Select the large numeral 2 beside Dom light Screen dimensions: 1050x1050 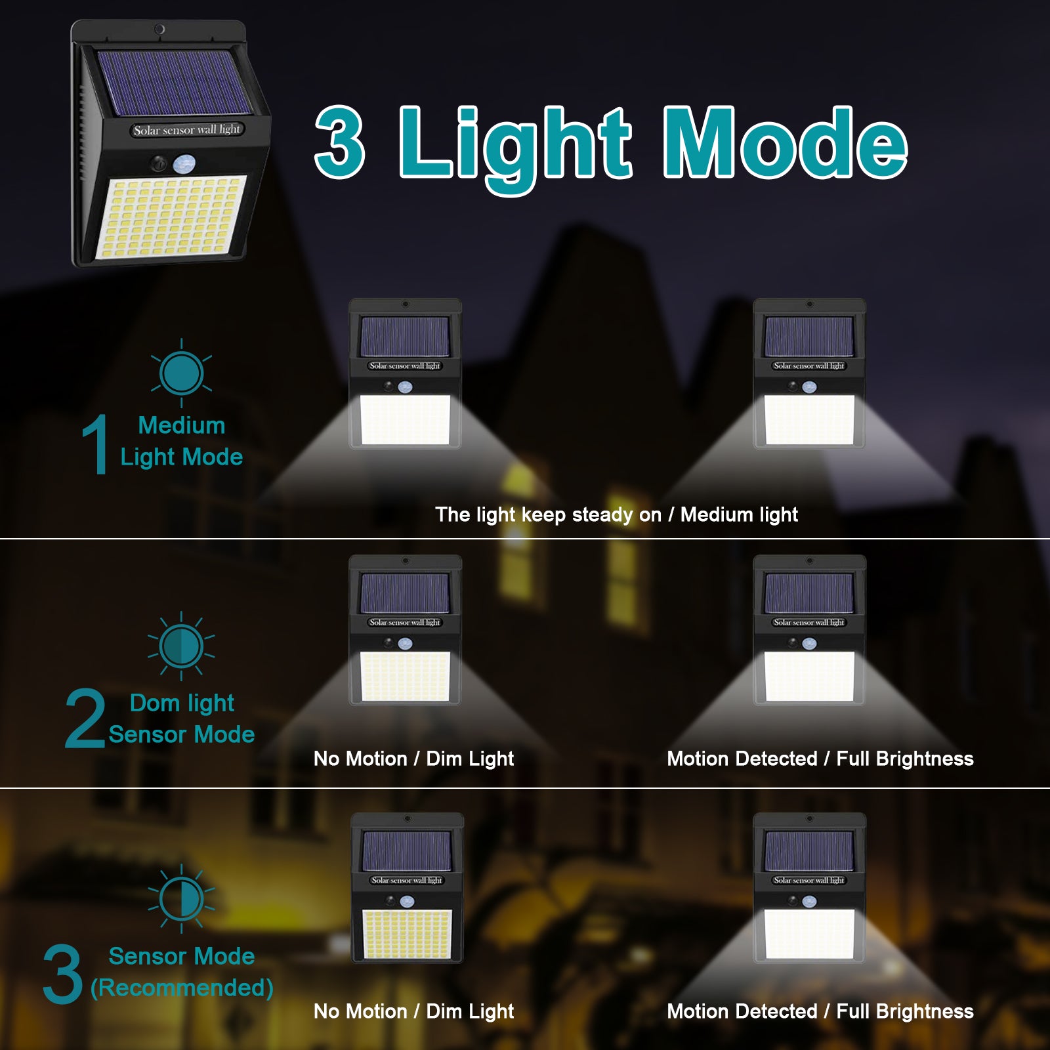pos(85,718)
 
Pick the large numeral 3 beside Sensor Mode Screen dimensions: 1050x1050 pos(63,974)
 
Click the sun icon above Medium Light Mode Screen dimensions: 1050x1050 pos(181,373)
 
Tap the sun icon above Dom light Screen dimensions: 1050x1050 pos(181,646)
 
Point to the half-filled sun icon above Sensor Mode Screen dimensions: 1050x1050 pos(181,898)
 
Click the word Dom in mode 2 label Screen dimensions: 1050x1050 pos(155,703)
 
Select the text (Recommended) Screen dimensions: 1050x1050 pos(182,988)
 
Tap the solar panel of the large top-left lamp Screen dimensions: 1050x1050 pos(173,81)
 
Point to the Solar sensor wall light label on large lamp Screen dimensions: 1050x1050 pos(187,130)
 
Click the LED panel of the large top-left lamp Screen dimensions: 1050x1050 pos(173,218)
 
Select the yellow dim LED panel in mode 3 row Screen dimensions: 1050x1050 pos(407,933)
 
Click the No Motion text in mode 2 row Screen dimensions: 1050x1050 pos(360,759)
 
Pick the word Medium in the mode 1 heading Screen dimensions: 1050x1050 pos(182,425)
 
